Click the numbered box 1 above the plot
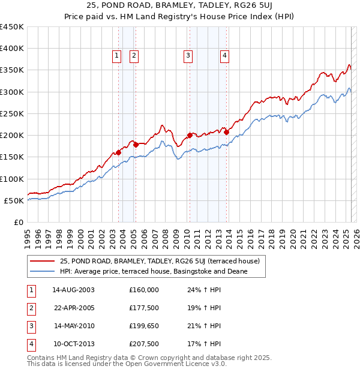(x=116, y=56)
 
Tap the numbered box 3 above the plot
(x=188, y=56)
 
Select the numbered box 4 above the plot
(x=224, y=56)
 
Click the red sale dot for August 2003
(x=118, y=153)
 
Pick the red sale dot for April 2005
(x=136, y=145)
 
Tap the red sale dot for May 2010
(x=190, y=135)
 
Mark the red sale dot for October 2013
(x=226, y=131)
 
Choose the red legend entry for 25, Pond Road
(x=160, y=261)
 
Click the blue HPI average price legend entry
(x=154, y=272)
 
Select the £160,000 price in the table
(x=144, y=290)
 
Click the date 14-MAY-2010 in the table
(x=74, y=326)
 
